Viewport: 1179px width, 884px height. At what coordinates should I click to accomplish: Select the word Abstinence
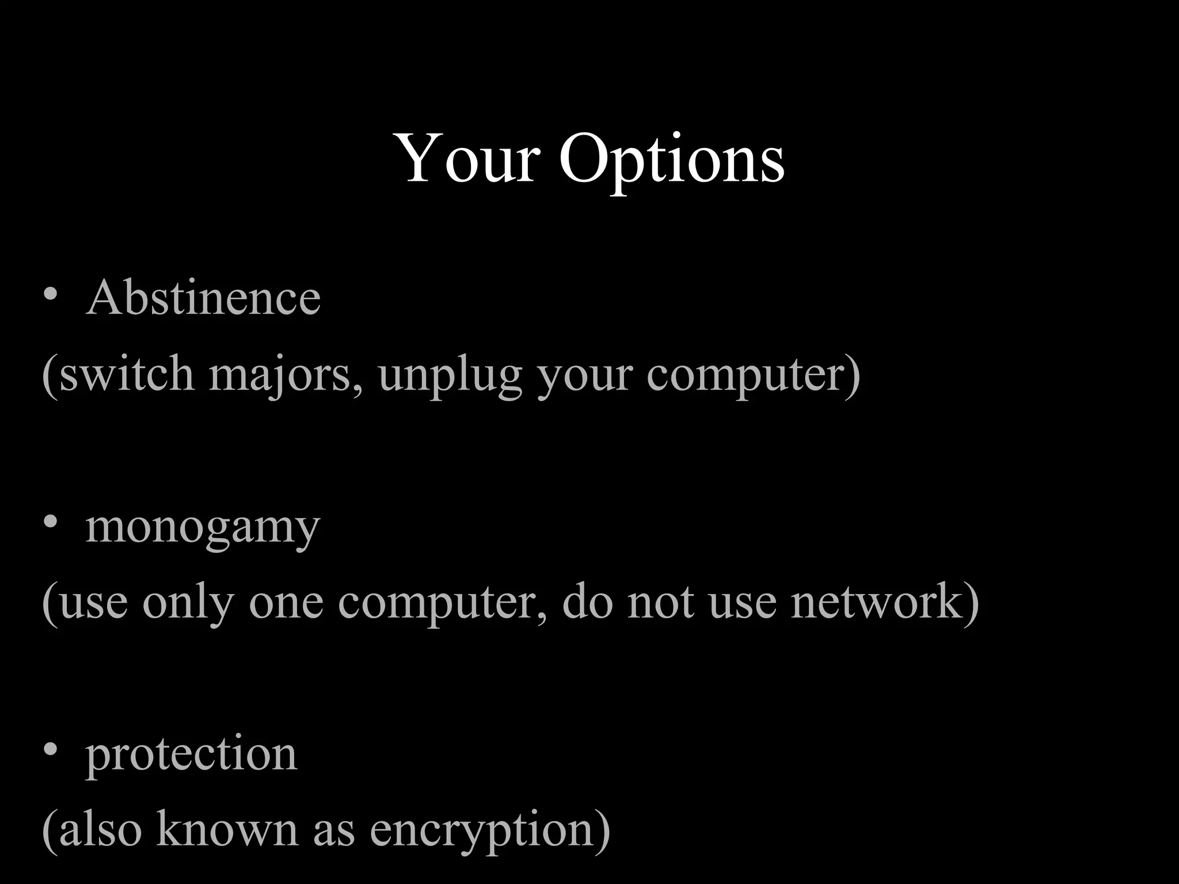pyautogui.click(x=203, y=298)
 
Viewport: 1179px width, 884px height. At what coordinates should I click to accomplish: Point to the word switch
pyautogui.click(x=127, y=374)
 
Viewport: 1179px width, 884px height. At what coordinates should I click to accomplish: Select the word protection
pyautogui.click(x=192, y=755)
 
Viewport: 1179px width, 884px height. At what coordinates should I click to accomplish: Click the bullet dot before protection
pyautogui.click(x=51, y=749)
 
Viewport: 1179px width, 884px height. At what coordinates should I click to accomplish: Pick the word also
pyautogui.click(x=100, y=829)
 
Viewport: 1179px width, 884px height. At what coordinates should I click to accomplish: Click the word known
pyautogui.click(x=227, y=829)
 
